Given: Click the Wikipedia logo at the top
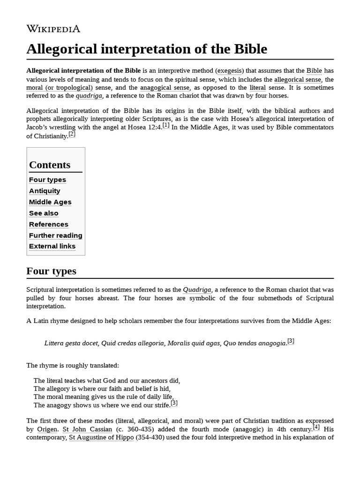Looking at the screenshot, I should (53, 29).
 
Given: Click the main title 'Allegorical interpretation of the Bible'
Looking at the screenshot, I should (147, 49).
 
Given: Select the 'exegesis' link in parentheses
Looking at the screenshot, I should (229, 71).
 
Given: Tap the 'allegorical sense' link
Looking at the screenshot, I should (298, 79).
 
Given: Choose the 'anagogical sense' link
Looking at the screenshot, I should (165, 88).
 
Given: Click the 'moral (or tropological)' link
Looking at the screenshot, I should (60, 88).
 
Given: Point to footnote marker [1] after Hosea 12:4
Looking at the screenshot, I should (166, 126).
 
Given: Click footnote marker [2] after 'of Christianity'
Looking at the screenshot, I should (72, 134).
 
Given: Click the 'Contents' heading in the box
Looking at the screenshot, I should (50, 165).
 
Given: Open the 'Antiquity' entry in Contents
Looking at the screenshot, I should (45, 191).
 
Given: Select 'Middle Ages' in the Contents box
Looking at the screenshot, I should (50, 202).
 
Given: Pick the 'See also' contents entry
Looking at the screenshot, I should (44, 213).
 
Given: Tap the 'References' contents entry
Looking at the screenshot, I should (49, 224).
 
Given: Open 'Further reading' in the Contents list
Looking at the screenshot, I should (55, 235).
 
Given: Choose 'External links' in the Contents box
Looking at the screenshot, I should (52, 246).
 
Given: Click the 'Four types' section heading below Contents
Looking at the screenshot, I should (51, 271).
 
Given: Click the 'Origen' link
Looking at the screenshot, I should (47, 429).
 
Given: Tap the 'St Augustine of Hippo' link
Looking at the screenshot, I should (101, 438).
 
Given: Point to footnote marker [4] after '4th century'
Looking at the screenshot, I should (316, 427).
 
